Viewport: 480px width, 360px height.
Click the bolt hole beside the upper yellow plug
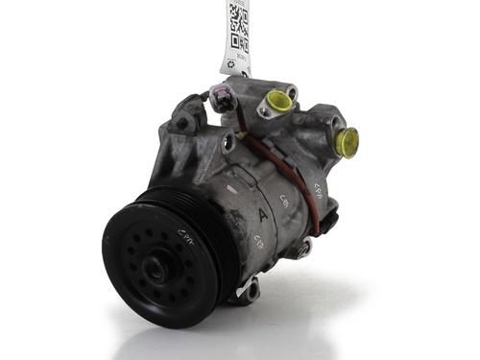(x=264, y=111)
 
